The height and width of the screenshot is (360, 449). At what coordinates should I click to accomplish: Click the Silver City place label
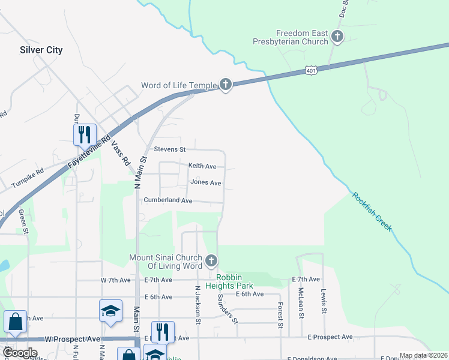click(41, 50)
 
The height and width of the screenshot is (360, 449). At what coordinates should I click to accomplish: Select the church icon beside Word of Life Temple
click(225, 85)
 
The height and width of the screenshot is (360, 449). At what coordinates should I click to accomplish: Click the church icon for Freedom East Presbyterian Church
click(337, 37)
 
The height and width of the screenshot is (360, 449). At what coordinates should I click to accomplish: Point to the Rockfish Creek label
click(372, 212)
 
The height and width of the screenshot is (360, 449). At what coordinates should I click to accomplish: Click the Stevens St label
click(170, 149)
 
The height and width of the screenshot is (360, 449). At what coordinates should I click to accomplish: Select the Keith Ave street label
click(202, 166)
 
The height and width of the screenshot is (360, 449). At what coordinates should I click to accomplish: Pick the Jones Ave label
click(206, 182)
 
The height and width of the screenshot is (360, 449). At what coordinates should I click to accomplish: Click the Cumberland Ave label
click(167, 200)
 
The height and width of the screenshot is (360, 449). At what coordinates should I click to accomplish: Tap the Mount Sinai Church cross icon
click(211, 261)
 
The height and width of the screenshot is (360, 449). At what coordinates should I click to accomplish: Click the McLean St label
click(301, 302)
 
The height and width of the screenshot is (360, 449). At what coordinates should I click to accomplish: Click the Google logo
click(20, 353)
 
